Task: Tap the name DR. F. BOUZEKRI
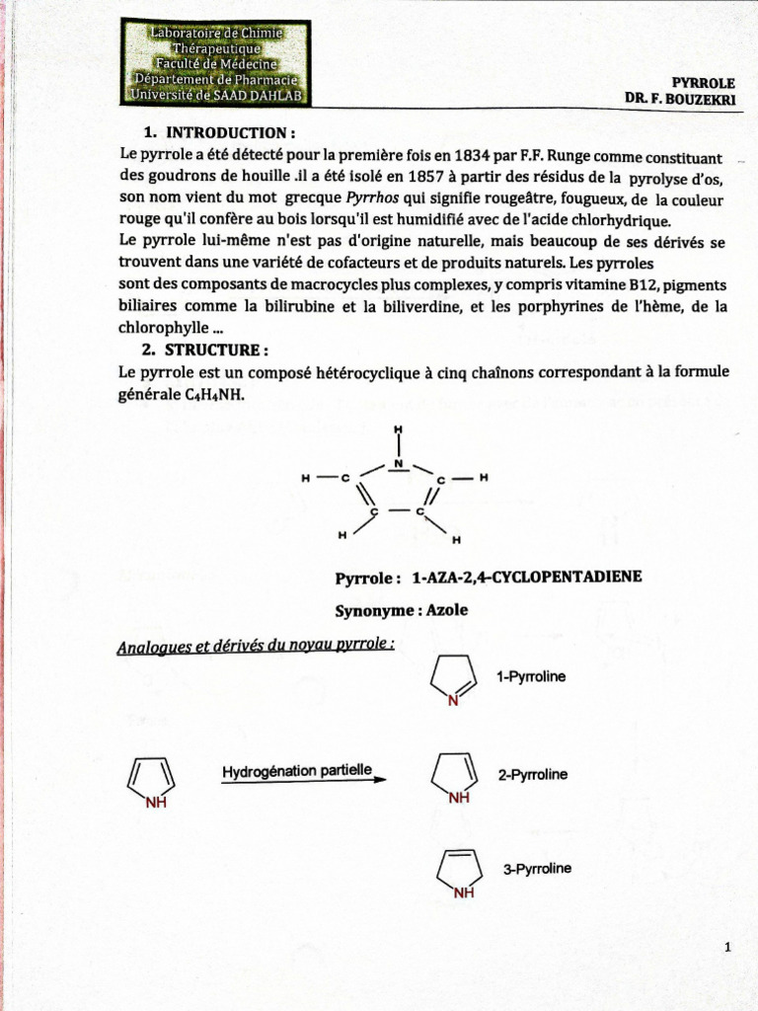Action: point(679,99)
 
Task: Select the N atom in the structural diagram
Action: point(399,462)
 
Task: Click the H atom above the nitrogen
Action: point(399,429)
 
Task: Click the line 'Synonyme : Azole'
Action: point(402,610)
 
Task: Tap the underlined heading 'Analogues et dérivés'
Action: point(256,647)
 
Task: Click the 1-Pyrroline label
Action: point(530,677)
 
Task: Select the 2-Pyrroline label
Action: point(532,775)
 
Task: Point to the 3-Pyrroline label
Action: point(536,869)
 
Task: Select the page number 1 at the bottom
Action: point(726,948)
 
